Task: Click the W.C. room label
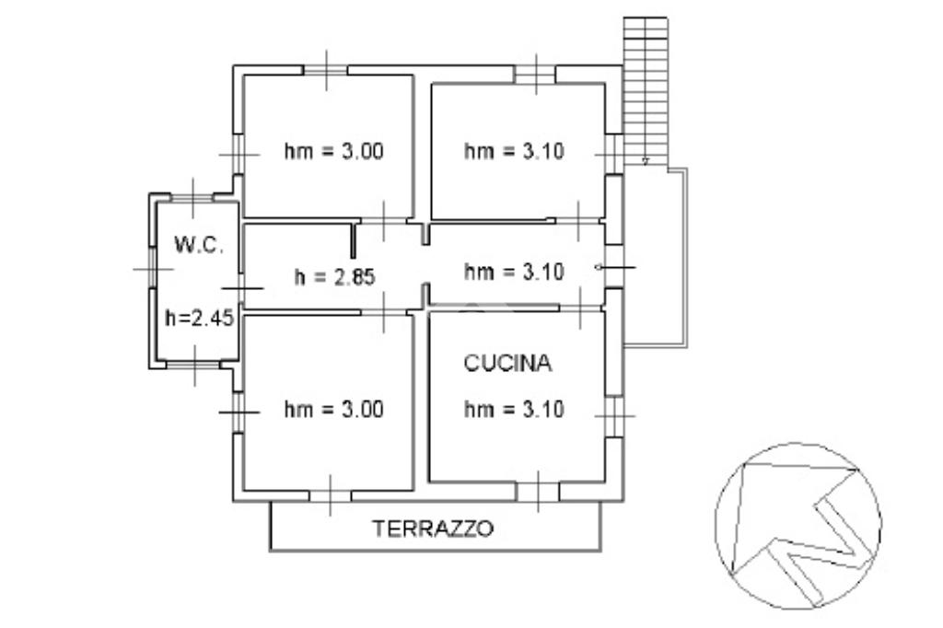199,245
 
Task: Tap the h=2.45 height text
199,318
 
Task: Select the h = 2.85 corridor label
334,276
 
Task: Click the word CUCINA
507,363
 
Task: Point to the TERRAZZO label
433,529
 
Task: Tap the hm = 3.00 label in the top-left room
333,151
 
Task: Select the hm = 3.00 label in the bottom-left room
333,410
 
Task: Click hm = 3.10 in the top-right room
514,151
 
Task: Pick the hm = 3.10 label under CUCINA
514,410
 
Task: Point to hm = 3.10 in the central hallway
514,272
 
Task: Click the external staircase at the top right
646,90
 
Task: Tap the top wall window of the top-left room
325,70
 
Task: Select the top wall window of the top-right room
535,75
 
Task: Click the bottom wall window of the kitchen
538,492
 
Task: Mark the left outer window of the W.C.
153,268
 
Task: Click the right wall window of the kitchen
614,415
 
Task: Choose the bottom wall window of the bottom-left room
331,495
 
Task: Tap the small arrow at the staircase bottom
646,161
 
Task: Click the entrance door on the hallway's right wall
614,267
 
